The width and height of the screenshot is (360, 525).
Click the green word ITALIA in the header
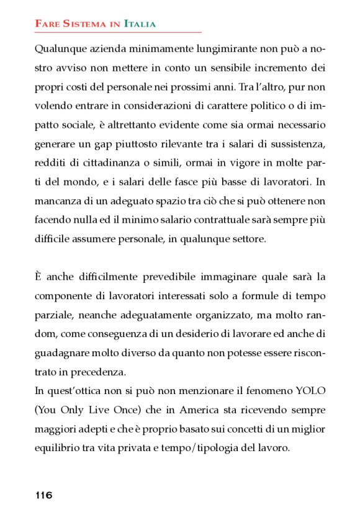pyautogui.click(x=140, y=24)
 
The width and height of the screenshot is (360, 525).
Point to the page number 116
pyautogui.click(x=44, y=495)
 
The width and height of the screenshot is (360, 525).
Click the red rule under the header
pyautogui.click(x=118, y=32)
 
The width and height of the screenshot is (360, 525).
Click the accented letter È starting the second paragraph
pyautogui.click(x=39, y=277)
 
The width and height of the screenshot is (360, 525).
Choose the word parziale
pyautogui.click(x=54, y=316)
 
